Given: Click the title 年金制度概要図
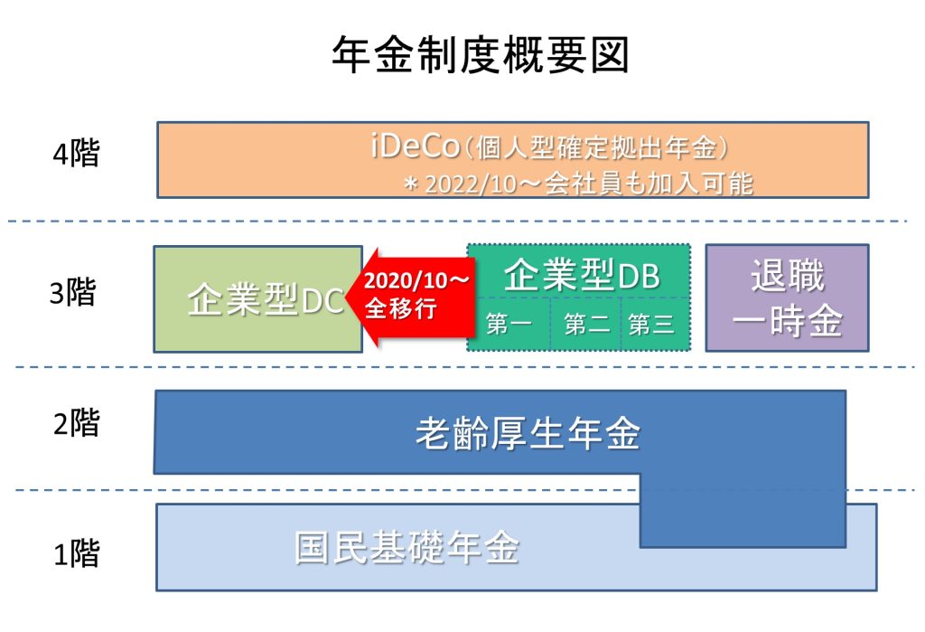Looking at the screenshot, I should (480, 56).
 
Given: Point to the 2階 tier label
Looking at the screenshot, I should (76, 422).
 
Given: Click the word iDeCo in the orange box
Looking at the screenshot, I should (414, 146).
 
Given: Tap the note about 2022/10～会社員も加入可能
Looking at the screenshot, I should (577, 184).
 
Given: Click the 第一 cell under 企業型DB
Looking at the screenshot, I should (509, 325).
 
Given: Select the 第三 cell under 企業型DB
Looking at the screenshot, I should (651, 325).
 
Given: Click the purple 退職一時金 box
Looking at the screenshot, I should (787, 298).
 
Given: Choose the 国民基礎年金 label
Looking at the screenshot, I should (407, 548).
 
